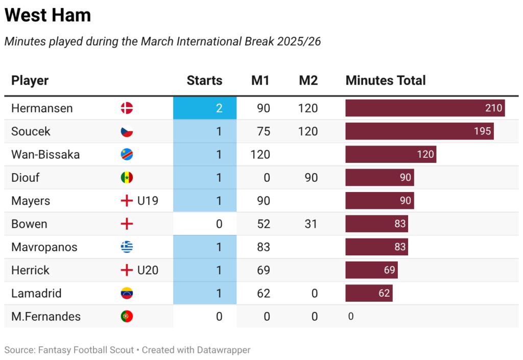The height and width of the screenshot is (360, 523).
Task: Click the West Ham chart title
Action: [x=47, y=15]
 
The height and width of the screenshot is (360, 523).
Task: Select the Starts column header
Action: [x=204, y=81]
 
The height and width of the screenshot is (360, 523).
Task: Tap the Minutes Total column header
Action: [x=386, y=81]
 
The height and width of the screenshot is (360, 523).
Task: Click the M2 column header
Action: [x=308, y=81]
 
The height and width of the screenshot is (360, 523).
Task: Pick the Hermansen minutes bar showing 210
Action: [x=425, y=108]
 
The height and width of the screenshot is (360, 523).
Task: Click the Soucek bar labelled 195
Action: [x=419, y=131]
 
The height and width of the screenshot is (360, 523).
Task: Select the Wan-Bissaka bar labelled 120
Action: [x=391, y=154]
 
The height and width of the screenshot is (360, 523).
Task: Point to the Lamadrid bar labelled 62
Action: [x=369, y=293]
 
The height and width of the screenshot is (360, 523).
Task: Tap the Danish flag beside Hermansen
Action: [x=127, y=108]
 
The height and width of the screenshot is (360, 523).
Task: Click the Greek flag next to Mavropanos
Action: [x=127, y=247]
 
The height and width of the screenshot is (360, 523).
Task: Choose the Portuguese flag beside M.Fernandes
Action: [x=127, y=317]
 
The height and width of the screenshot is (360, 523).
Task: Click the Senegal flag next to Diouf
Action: [x=127, y=178]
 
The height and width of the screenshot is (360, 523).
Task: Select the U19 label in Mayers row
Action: [x=148, y=201]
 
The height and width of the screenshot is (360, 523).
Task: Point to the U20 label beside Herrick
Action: [x=148, y=270]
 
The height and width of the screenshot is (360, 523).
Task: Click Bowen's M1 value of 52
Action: [x=264, y=224]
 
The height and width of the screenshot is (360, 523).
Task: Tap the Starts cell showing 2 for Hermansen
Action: [x=205, y=108]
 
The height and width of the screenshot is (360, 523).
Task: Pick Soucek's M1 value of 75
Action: [x=264, y=131]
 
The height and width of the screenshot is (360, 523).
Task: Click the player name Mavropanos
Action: [x=44, y=247]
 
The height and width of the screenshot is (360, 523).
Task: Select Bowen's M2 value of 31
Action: [x=311, y=224]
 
